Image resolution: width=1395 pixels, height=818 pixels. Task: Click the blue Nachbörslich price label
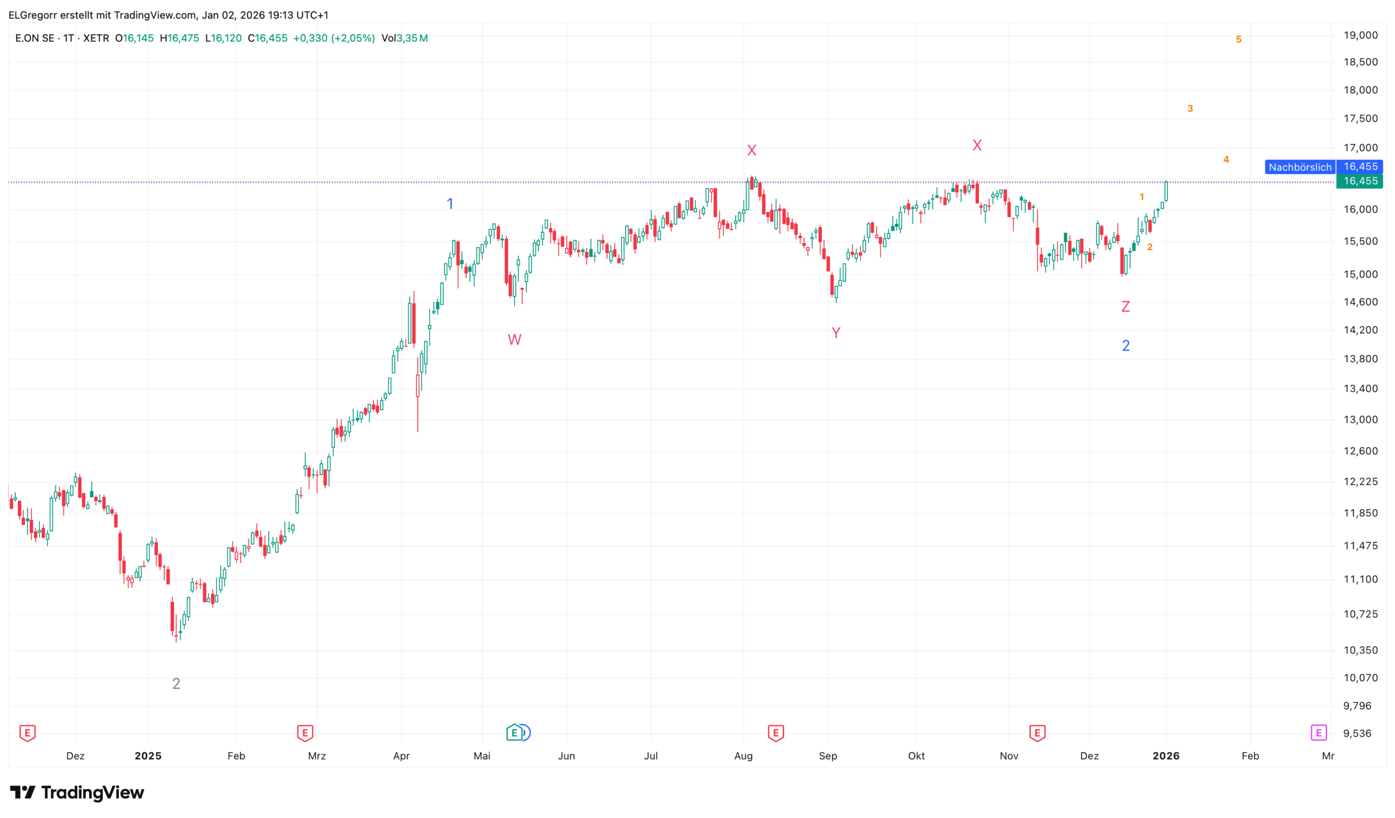[1300, 167]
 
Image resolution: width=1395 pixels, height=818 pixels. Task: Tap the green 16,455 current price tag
[1359, 181]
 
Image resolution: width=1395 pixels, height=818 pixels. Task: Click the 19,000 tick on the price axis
[1360, 35]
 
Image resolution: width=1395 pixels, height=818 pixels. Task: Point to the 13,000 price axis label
[1360, 419]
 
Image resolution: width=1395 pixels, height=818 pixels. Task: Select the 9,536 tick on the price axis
[1357, 733]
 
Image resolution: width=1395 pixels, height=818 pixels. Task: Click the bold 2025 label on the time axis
[148, 755]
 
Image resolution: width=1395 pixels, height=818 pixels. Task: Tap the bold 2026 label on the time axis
[1166, 755]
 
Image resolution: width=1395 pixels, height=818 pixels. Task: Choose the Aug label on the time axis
[743, 755]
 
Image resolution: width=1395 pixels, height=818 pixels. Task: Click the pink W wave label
[514, 339]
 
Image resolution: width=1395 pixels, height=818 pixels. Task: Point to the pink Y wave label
[836, 333]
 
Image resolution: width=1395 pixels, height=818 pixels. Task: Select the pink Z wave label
[1125, 307]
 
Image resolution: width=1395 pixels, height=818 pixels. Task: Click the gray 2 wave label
[176, 683]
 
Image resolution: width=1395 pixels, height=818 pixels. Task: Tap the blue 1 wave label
[450, 204]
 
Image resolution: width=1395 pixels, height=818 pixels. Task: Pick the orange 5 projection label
[1238, 40]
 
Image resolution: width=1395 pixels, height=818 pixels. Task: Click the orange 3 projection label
[1190, 108]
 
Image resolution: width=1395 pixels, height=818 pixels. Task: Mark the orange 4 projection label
[1226, 160]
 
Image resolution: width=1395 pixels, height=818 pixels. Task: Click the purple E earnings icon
[1319, 732]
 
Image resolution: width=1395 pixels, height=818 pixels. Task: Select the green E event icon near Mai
[514, 732]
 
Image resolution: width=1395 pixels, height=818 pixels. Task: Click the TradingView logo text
[92, 792]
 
